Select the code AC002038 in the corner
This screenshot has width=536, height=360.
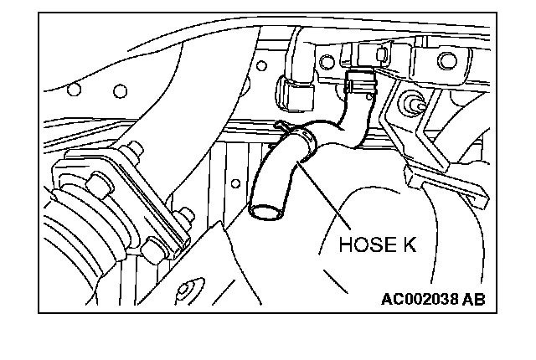click(x=420, y=299)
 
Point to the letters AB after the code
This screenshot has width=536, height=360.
click(x=474, y=299)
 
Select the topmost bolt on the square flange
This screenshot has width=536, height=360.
click(x=132, y=153)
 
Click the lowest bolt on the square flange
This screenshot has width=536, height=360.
click(x=153, y=248)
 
